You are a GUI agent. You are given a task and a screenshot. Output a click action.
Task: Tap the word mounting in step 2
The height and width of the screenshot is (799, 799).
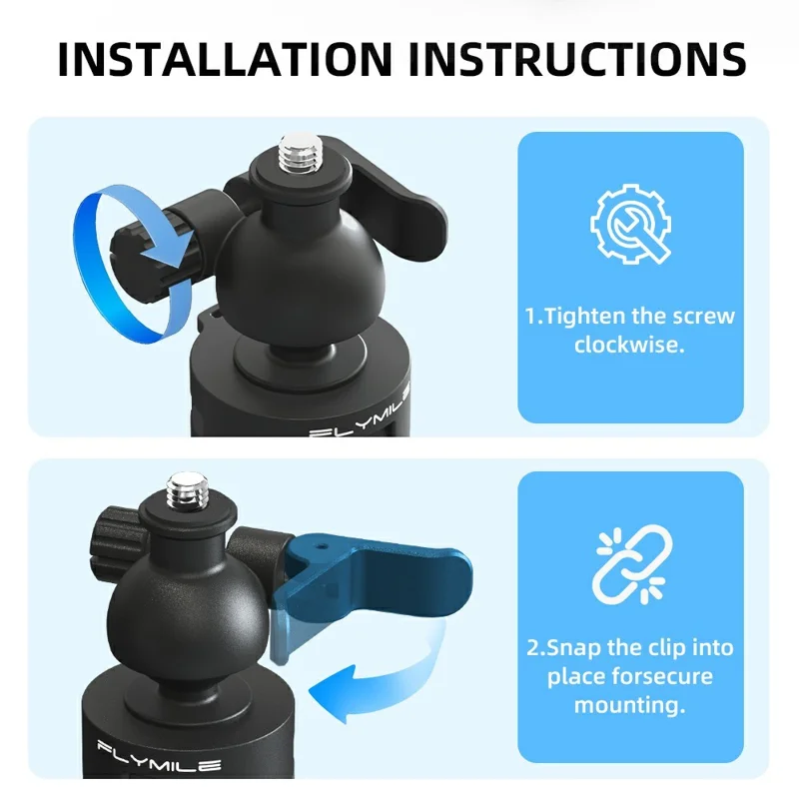coord(629,706)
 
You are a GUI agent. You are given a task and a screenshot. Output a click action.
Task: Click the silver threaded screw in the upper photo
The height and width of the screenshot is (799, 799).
coord(297,155)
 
